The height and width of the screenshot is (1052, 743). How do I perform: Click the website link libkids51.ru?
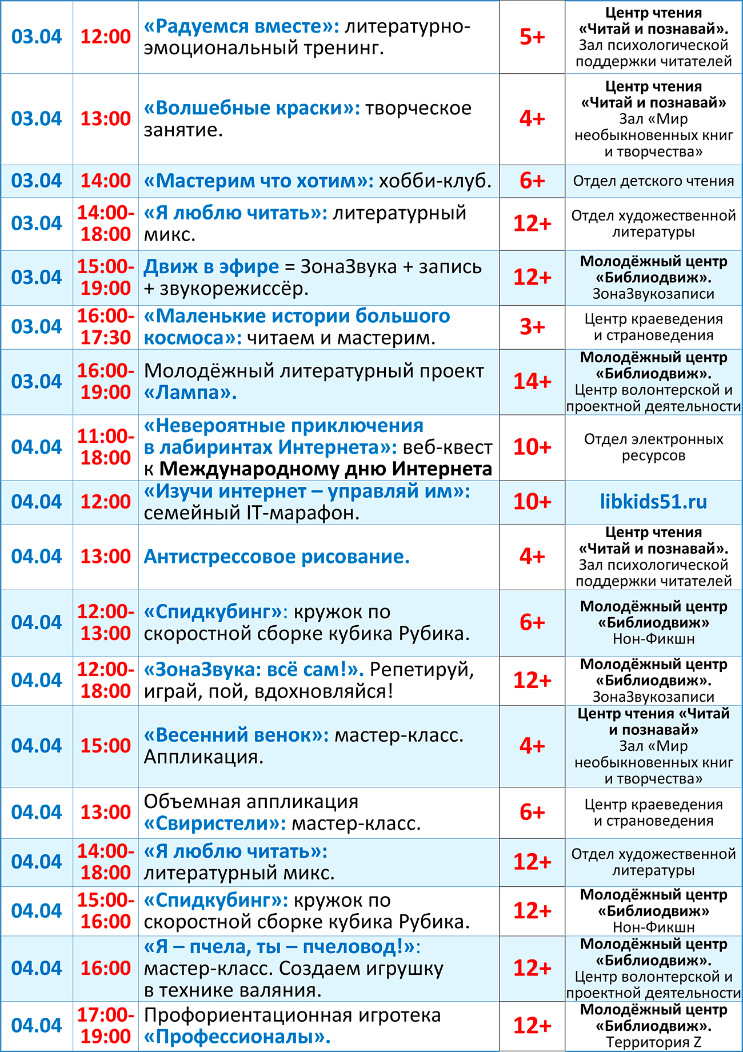[653, 502]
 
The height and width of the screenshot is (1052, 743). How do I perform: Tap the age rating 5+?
[532, 37]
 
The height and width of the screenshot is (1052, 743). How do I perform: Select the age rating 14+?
[532, 381]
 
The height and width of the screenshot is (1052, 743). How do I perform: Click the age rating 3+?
[532, 327]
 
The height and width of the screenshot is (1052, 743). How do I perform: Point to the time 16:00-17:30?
[106, 327]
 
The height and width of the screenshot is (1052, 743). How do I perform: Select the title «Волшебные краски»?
[252, 108]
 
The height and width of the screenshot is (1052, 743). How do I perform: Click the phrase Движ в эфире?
[211, 267]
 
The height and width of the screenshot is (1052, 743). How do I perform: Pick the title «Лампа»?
[190, 393]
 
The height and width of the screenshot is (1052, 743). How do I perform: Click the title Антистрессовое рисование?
[277, 557]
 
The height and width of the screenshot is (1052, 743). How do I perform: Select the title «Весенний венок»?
[236, 735]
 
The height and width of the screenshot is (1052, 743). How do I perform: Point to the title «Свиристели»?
[215, 823]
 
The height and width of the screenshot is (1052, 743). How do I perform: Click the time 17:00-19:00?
[106, 1026]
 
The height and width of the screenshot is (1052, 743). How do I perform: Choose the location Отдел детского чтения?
[653, 181]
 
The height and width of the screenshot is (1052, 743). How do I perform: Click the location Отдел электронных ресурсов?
[653, 447]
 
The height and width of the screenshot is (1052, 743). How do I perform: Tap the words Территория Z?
[653, 1042]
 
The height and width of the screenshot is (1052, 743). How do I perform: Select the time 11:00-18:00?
[106, 447]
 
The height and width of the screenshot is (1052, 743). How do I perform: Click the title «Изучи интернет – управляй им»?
[307, 491]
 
